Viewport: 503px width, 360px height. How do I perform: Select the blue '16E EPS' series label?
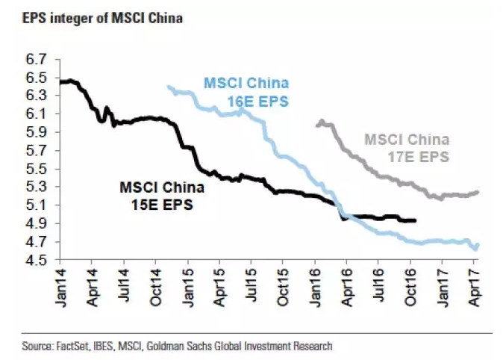246,91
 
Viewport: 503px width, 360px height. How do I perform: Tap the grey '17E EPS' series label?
407,148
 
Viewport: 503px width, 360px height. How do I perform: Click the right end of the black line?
415,220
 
